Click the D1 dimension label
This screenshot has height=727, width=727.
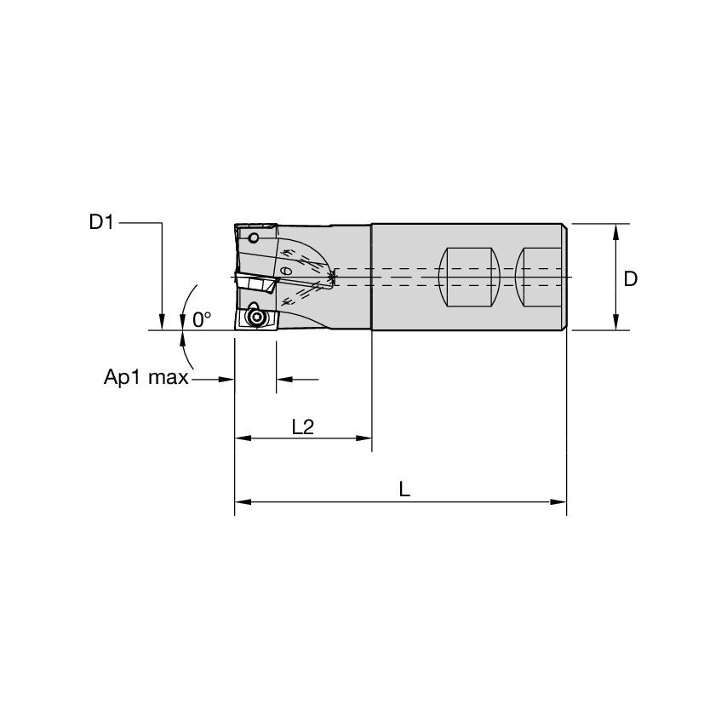[x=101, y=223]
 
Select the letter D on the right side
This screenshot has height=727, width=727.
[x=630, y=278]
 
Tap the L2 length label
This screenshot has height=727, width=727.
[x=302, y=426]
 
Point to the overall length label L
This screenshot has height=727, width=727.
[x=404, y=489]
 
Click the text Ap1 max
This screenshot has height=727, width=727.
[x=140, y=378]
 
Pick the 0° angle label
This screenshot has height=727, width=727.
[x=202, y=319]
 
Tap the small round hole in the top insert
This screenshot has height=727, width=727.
[x=254, y=238]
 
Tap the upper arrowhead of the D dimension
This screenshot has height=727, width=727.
[x=615, y=231]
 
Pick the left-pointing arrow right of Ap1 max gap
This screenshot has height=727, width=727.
[x=283, y=378]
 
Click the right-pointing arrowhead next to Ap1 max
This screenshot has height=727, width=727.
[x=227, y=378]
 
